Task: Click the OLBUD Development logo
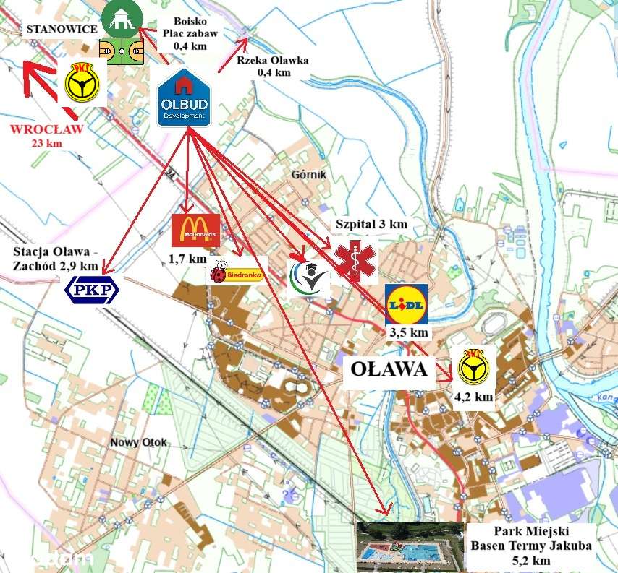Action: point(185,98)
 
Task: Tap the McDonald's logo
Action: point(194,230)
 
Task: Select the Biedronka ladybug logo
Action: point(237,271)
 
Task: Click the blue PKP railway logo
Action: point(91,290)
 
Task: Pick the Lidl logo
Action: point(406,303)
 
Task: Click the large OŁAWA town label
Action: point(389,369)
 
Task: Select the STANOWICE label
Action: point(59,30)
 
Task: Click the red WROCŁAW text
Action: point(46,130)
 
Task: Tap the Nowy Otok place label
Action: point(138,442)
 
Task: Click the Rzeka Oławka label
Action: point(273,66)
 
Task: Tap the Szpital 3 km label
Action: point(371,224)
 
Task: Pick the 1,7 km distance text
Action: point(188,258)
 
